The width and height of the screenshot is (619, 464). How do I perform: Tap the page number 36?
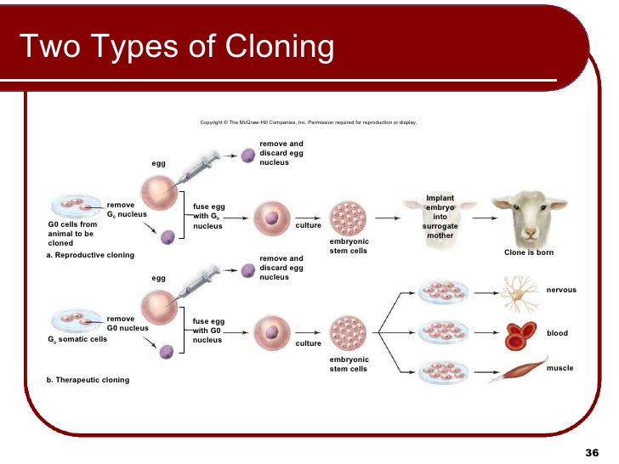[x=593, y=450]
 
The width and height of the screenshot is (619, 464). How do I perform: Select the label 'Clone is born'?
[x=529, y=252]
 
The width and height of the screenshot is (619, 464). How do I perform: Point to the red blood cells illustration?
[x=520, y=335]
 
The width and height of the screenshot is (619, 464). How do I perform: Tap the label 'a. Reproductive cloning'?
[x=90, y=255]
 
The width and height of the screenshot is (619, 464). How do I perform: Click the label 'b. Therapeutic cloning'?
[x=88, y=380]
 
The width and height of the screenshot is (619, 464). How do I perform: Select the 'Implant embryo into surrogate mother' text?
[x=440, y=217]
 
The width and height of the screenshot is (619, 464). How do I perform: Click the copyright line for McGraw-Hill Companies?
[x=308, y=122]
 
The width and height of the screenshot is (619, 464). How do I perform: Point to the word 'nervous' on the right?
[x=561, y=290]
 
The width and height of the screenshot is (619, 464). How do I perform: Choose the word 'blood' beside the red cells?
[x=557, y=333]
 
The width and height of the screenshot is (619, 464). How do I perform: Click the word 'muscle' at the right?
[x=559, y=368]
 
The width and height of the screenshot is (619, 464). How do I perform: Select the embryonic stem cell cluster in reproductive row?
[x=348, y=218]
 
